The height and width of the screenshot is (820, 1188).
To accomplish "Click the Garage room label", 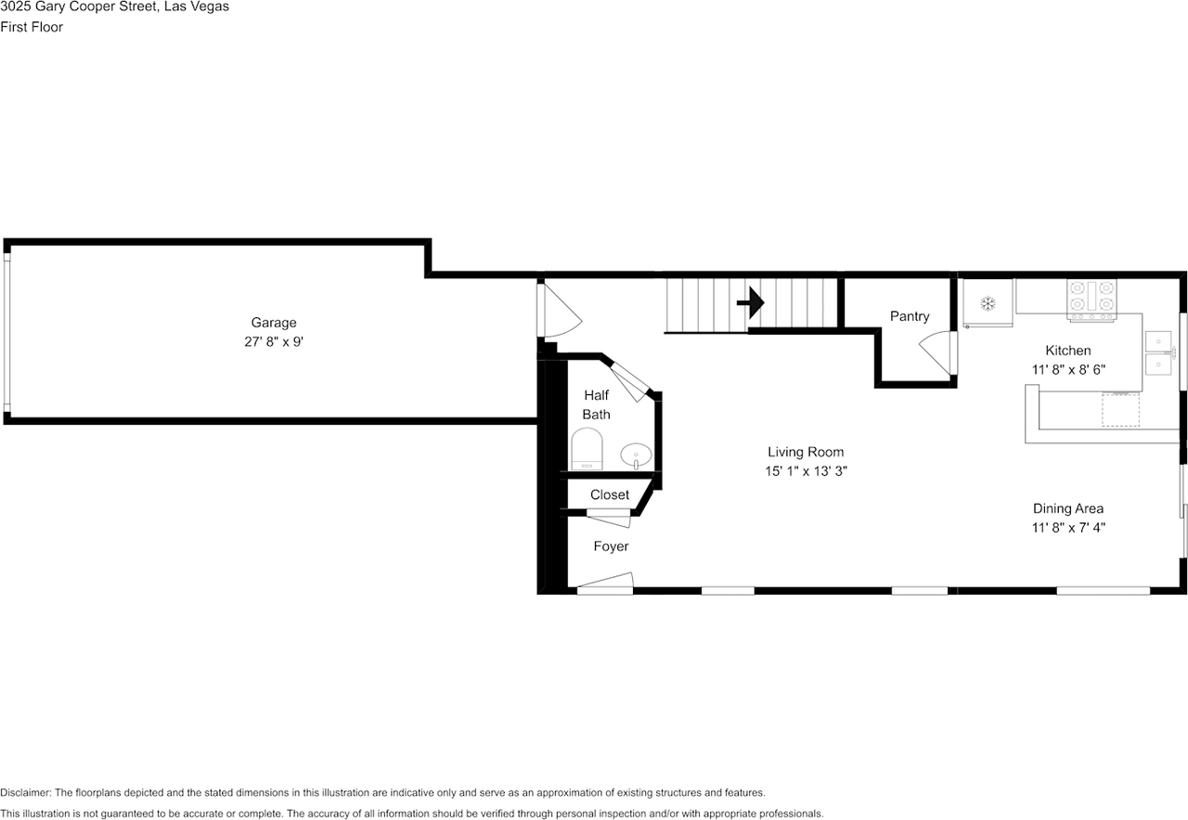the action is click(x=274, y=322).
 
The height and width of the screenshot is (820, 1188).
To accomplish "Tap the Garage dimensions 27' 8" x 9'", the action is click(x=274, y=342).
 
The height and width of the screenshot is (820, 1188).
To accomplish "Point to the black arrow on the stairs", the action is click(x=751, y=302).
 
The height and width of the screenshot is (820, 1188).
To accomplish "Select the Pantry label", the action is click(x=910, y=316).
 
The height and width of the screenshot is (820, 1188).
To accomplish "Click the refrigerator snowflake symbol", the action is click(x=988, y=303).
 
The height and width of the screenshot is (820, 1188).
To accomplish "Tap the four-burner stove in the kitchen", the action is click(x=1091, y=300).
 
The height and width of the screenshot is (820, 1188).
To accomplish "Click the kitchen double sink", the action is click(x=1159, y=352).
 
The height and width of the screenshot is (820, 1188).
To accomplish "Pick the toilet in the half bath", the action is click(x=587, y=449).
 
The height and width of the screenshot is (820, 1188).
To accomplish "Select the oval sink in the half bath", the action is click(x=636, y=455).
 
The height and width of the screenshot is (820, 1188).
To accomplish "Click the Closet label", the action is click(x=610, y=494).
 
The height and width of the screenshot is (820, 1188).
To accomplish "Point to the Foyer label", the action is click(x=611, y=546).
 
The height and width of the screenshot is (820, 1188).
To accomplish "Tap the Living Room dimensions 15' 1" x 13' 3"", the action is click(x=806, y=471).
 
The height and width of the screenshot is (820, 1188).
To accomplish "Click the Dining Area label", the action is click(x=1068, y=508).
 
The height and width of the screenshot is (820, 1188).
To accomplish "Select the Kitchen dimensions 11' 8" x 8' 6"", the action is click(x=1068, y=369).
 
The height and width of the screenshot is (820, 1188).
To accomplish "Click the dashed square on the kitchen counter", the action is click(x=1120, y=410).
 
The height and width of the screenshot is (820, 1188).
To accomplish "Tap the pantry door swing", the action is click(x=937, y=352).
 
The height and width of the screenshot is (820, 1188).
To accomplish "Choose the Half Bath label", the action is click(x=596, y=405).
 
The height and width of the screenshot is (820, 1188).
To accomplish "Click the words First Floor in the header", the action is click(x=32, y=27).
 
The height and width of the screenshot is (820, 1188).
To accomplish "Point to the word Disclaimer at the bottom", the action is click(x=25, y=792).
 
